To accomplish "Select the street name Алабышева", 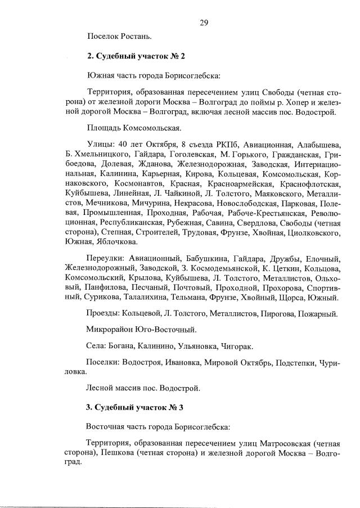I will click(x=318, y=143).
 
